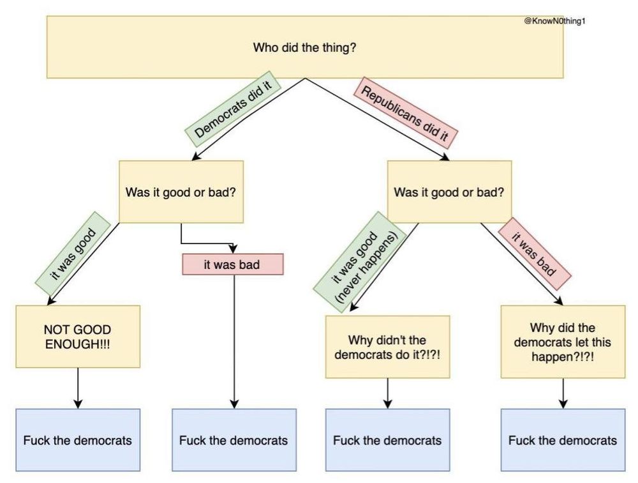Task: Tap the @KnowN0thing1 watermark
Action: click(x=554, y=21)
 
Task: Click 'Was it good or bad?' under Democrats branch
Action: click(x=181, y=192)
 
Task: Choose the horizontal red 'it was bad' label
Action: click(x=232, y=264)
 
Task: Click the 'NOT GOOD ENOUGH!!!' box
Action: click(x=78, y=337)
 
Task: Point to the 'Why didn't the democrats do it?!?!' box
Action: click(x=387, y=346)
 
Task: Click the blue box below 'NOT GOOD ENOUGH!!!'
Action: click(x=78, y=440)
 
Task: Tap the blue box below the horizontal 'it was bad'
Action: click(x=234, y=440)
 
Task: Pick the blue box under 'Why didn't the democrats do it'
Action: click(x=387, y=440)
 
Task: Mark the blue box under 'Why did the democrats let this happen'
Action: click(x=563, y=440)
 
